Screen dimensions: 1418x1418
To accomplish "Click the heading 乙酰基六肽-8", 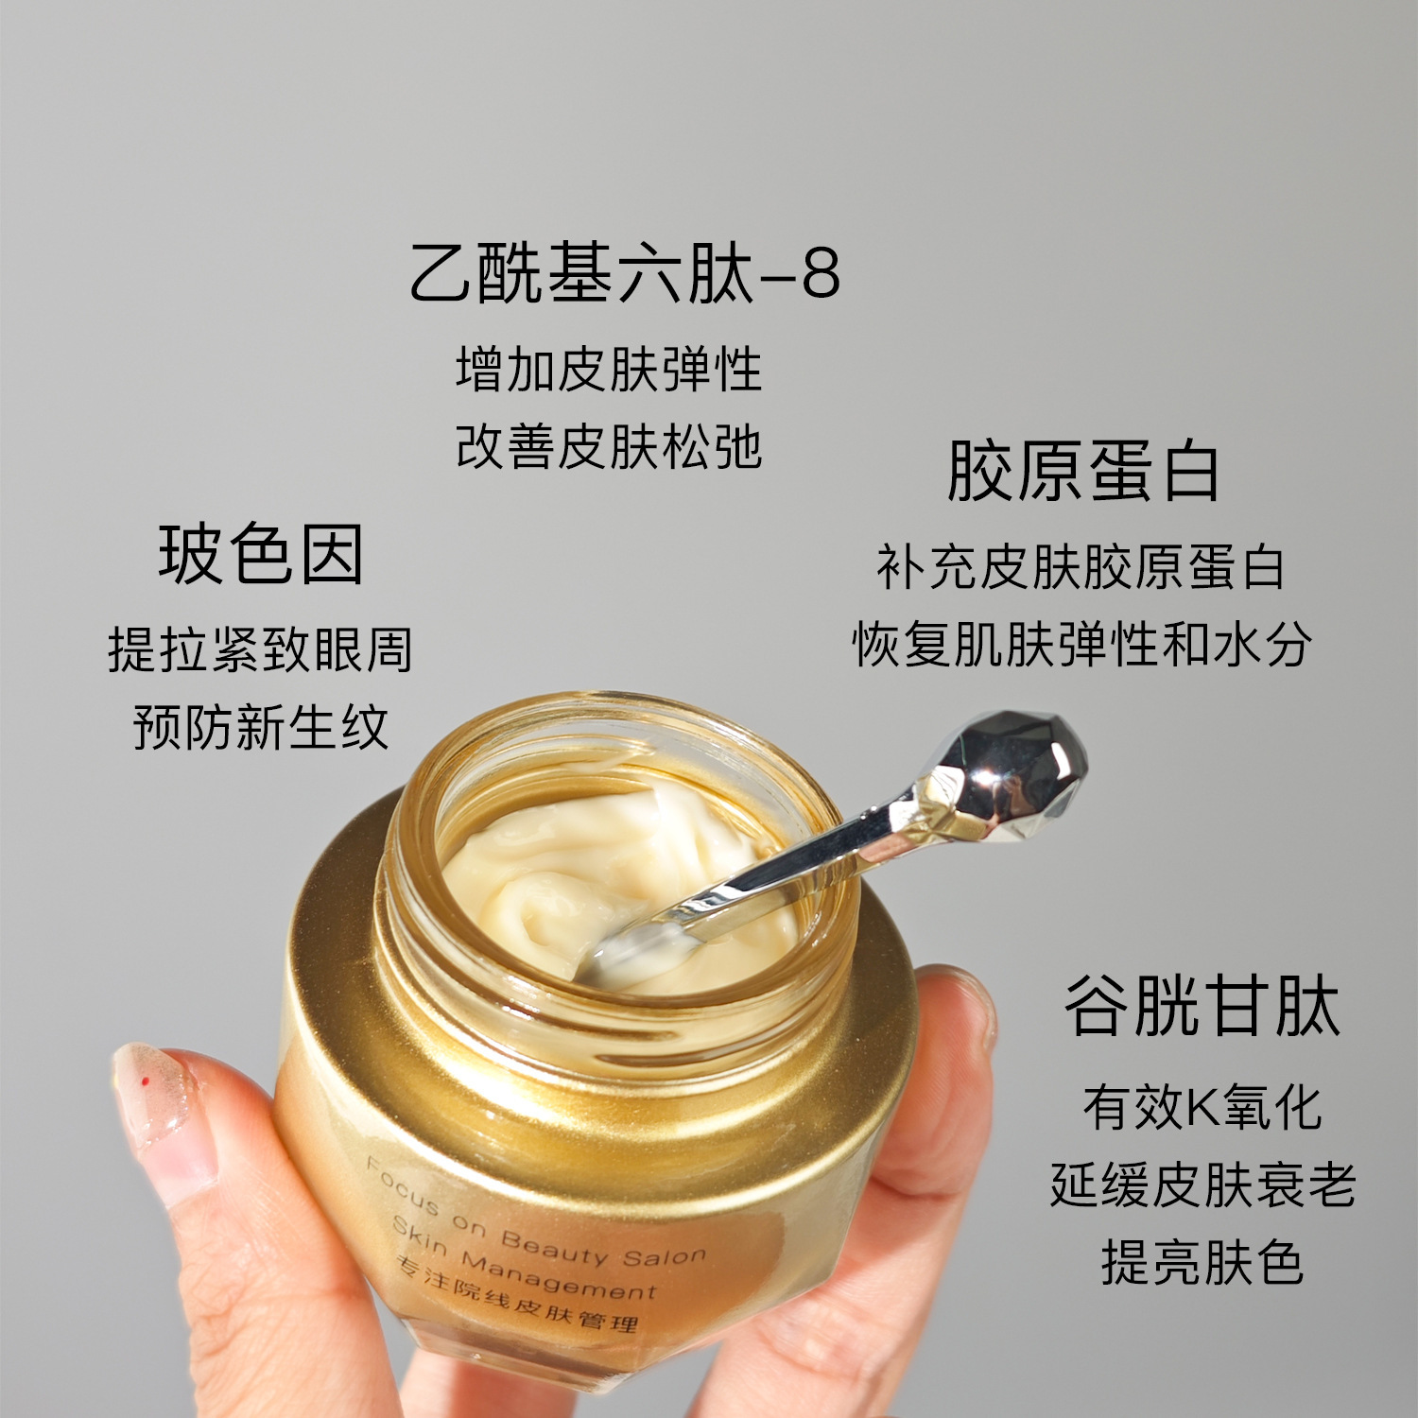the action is tap(625, 274).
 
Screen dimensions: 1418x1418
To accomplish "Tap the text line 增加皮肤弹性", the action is tap(609, 369).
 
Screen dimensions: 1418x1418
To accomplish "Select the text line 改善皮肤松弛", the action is tap(609, 446).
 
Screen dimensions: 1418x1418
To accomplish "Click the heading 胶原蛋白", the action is tap(1083, 471).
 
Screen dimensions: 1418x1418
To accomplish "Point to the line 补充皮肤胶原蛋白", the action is tap(1081, 567).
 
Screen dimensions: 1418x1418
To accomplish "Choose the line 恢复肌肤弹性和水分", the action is tap(1081, 645).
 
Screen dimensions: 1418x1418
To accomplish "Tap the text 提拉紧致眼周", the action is tap(260, 649).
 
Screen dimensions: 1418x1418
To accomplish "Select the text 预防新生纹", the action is tap(261, 727).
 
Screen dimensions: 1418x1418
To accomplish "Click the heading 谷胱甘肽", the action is tap(1202, 1006).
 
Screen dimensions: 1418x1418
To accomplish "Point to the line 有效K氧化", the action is tap(1202, 1107).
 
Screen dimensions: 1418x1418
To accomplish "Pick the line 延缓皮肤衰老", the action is tap(1202, 1185).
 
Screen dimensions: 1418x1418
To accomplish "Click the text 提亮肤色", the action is tap(1202, 1262).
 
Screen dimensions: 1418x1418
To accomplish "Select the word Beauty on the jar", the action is tap(554, 1248).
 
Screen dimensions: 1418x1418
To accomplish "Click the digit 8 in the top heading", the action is tap(821, 274).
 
